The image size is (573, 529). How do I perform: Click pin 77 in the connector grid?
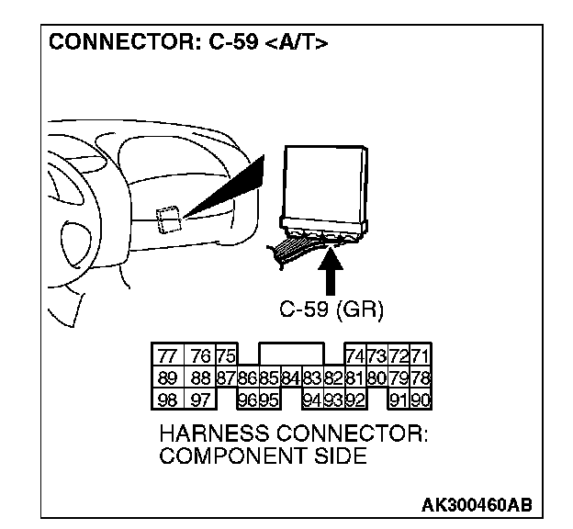coord(166,356)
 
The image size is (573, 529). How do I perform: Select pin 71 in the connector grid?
coord(421,356)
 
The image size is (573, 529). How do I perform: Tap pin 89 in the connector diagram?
coord(166,377)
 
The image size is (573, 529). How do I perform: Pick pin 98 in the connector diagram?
coord(166,399)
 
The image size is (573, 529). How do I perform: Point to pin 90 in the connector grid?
coord(421,399)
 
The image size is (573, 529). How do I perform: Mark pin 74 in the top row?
coord(354,356)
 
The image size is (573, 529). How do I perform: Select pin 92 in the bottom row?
coord(354,399)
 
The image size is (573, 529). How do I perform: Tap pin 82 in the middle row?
coord(332,377)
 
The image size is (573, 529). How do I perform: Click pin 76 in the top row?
coord(198,356)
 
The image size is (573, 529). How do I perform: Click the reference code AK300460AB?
coord(476,505)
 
